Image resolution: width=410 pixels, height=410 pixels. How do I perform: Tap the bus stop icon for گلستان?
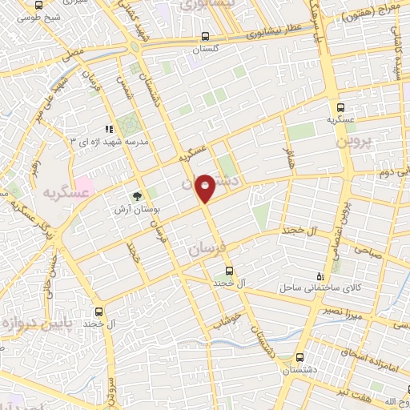coord(206,36)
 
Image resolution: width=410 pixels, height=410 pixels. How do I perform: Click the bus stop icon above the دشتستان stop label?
coord(299,358)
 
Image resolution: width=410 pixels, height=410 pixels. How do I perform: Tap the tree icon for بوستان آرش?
coord(137,195)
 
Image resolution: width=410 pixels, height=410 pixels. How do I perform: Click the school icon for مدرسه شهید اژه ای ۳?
coord(107,129)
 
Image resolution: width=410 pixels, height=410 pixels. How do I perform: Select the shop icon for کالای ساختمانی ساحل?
coord(321,275)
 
